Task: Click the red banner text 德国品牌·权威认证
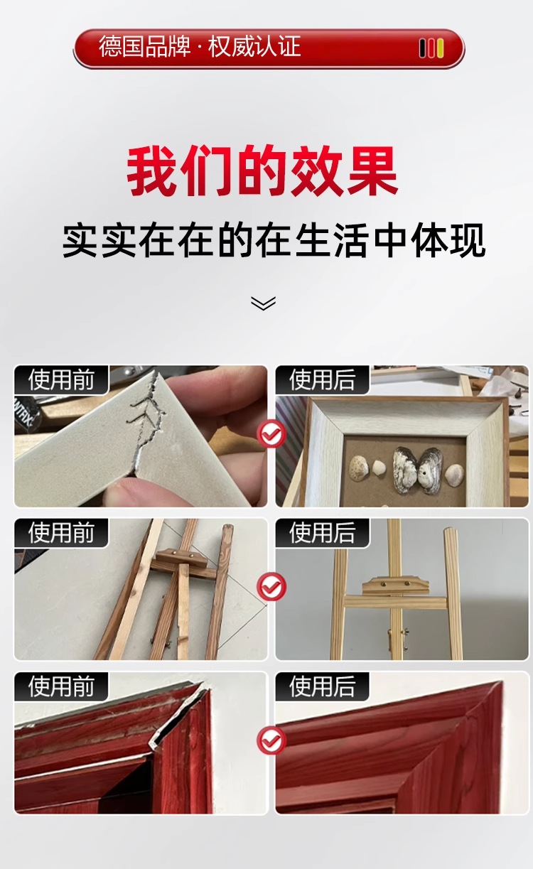tap(200, 47)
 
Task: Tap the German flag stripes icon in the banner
tap(431, 48)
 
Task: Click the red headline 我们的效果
tap(263, 171)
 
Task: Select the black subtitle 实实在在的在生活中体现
tap(274, 241)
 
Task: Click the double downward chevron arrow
tap(264, 303)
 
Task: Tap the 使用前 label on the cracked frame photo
tap(61, 380)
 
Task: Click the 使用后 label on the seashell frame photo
tap(323, 380)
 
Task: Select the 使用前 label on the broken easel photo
tap(61, 533)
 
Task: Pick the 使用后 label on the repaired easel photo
tap(323, 533)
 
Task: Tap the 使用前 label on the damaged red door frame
tap(61, 686)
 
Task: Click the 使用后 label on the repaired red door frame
tap(323, 686)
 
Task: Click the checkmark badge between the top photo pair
tap(271, 433)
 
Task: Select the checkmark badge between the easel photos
tap(271, 586)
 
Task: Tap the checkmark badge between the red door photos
tap(271, 740)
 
